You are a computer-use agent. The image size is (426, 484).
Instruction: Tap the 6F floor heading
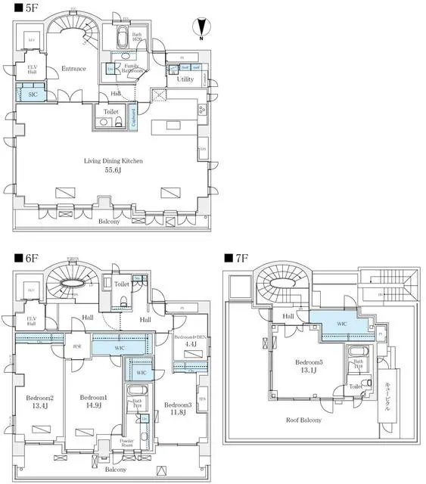click(16, 257)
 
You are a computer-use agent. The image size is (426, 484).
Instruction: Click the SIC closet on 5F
click(32, 95)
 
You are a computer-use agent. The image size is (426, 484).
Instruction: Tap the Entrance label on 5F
click(73, 69)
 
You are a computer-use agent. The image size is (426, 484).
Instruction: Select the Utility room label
click(185, 79)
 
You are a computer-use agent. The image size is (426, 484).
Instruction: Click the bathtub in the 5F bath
click(123, 39)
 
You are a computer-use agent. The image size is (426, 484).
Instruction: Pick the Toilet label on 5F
click(110, 111)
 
